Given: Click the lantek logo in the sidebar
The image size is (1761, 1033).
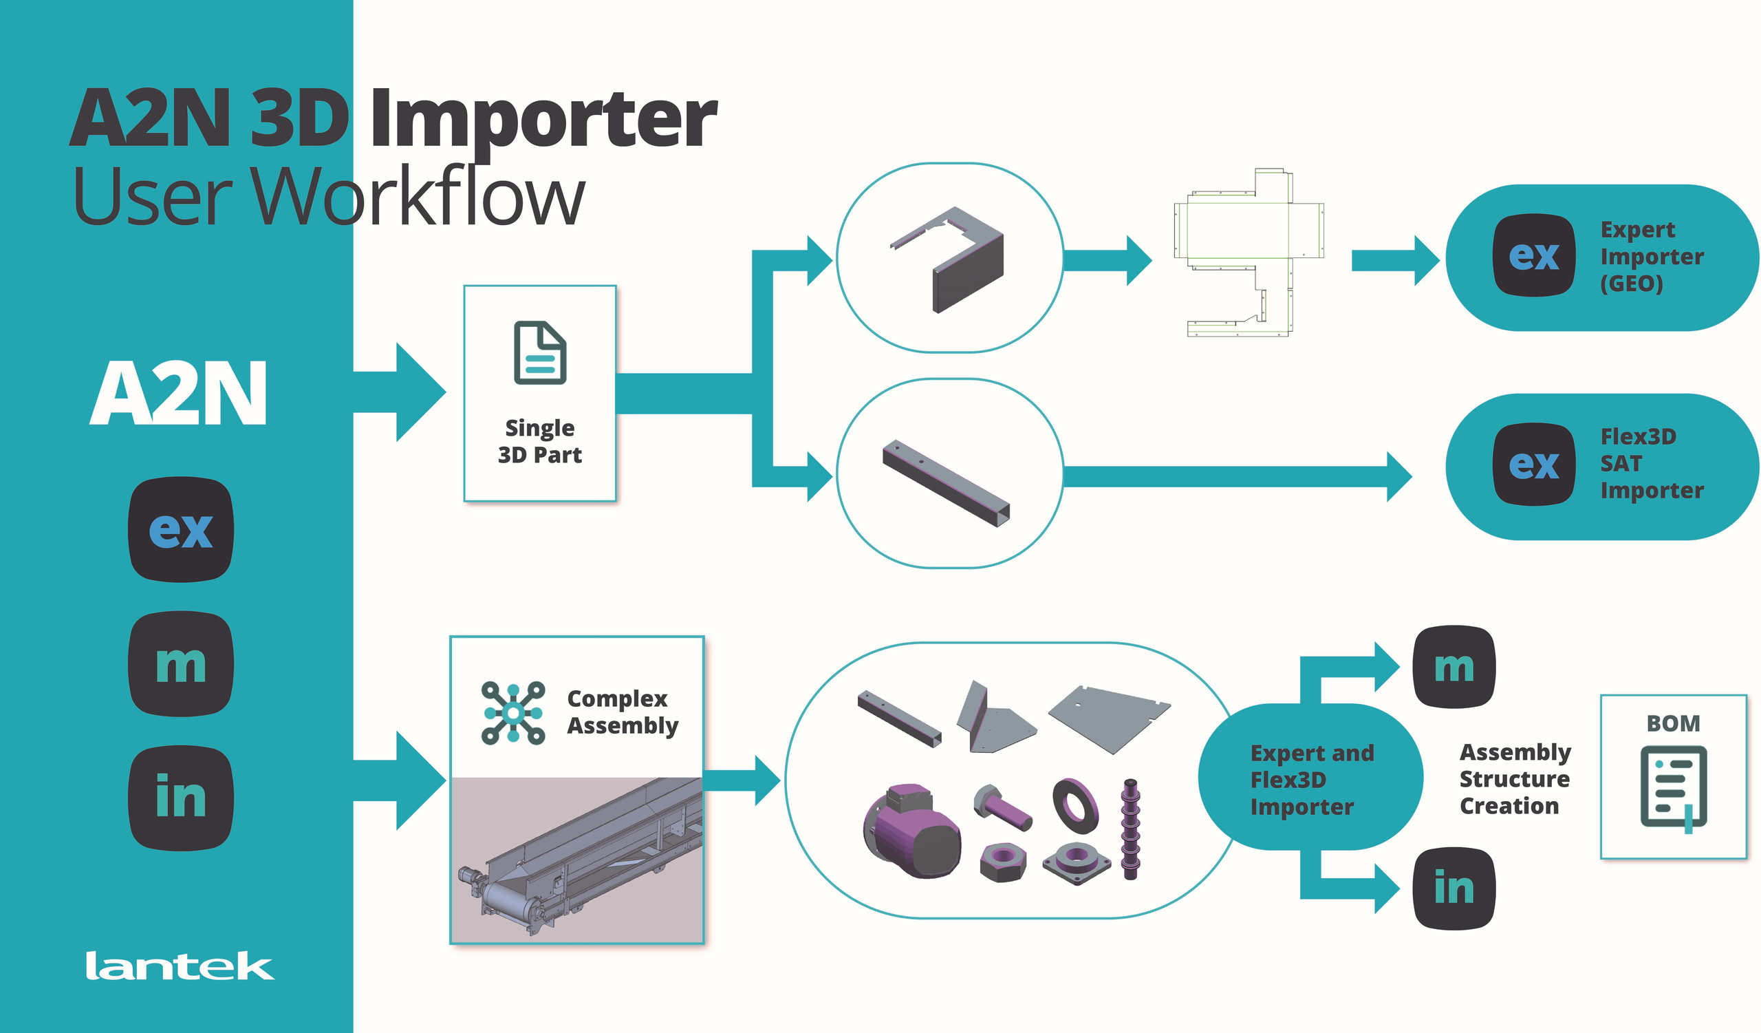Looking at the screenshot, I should [180, 966].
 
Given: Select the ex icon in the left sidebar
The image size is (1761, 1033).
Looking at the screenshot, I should [181, 529].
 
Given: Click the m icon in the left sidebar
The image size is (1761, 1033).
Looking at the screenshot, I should [181, 664].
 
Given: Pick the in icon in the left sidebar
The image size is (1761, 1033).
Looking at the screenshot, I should [181, 798].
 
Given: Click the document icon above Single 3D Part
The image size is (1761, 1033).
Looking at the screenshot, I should [539, 352].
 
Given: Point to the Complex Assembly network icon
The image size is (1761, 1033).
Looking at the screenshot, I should [513, 713].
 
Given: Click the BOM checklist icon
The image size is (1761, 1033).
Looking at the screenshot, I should [1674, 787].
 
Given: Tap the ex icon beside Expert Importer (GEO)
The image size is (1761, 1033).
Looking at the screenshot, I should [1534, 255].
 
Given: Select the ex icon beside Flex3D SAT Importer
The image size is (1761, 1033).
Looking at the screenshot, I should [1534, 464].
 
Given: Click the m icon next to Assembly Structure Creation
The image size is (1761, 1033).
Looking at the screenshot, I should [1454, 667].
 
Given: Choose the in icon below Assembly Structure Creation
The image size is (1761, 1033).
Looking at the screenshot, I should [1454, 888].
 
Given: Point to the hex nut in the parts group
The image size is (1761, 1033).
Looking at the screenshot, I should [1003, 861].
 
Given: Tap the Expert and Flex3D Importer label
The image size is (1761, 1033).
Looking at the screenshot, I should [1311, 779].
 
